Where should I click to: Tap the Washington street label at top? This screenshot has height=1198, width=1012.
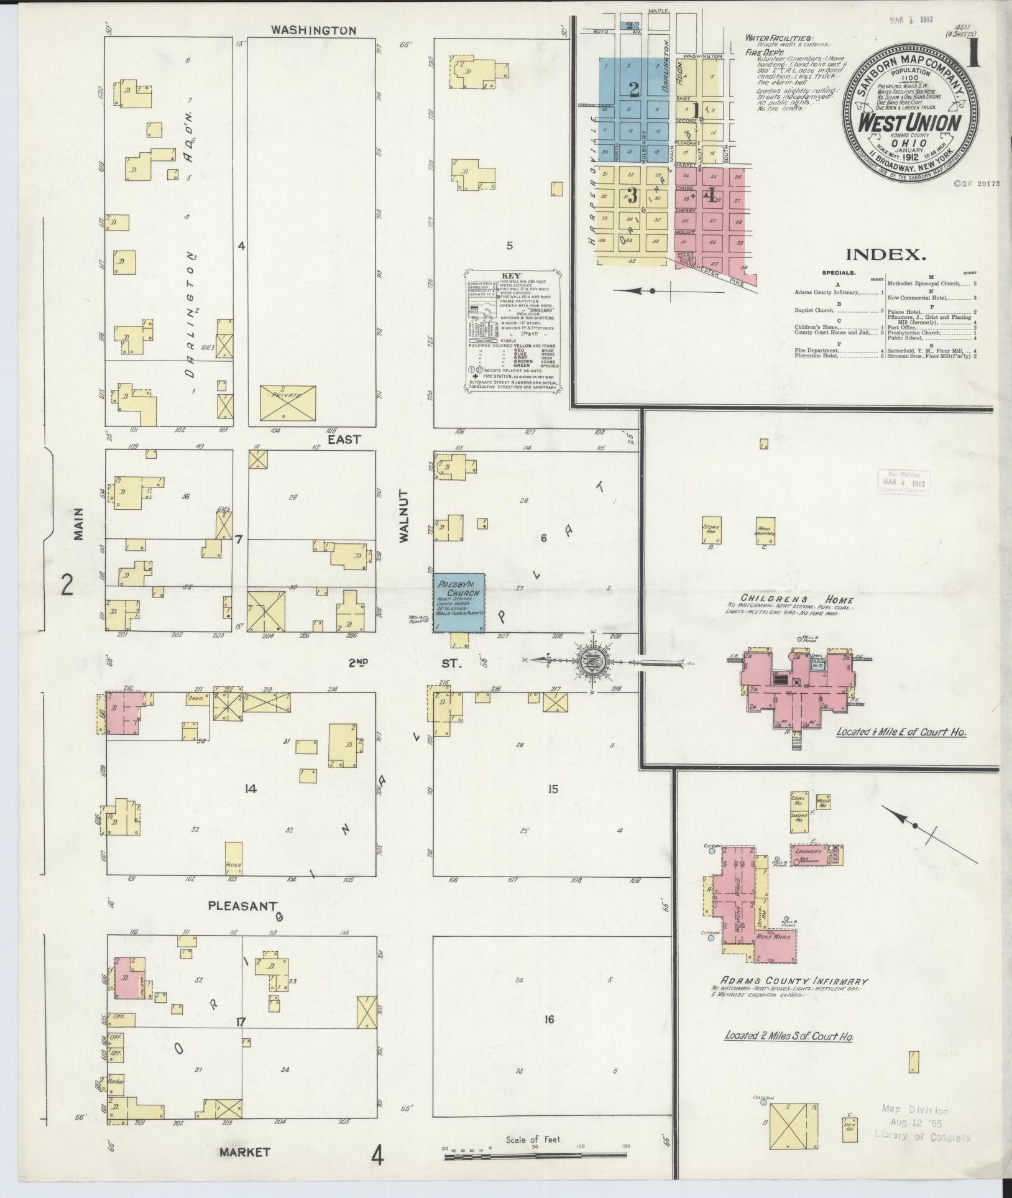click(x=314, y=30)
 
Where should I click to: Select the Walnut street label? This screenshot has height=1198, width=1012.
click(x=405, y=525)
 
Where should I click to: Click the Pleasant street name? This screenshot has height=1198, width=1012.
click(x=241, y=906)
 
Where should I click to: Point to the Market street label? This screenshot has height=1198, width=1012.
click(x=244, y=1152)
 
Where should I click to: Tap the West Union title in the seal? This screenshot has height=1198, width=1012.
click(x=909, y=122)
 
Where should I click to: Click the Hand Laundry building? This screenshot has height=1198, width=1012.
click(x=765, y=530)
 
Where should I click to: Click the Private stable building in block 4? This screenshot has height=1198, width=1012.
click(x=288, y=402)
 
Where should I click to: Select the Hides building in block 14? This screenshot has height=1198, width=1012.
click(x=233, y=859)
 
